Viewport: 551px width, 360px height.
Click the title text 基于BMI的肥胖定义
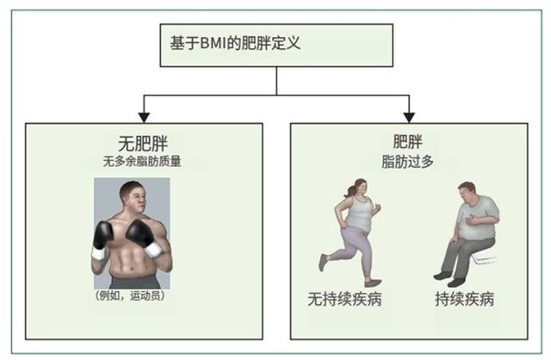(235, 43)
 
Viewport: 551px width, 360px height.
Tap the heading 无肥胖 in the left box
(143, 143)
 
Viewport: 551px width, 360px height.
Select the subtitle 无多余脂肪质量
(142, 161)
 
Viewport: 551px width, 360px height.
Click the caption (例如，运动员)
(130, 295)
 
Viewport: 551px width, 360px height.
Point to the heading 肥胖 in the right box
(407, 142)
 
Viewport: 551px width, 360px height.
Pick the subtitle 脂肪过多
(407, 162)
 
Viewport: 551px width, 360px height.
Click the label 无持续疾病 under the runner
(344, 299)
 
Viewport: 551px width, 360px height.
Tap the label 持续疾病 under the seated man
(464, 299)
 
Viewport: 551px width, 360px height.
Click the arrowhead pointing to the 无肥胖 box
(144, 117)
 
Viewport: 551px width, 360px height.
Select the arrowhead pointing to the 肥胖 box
(409, 117)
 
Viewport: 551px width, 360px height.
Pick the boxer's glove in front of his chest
(142, 235)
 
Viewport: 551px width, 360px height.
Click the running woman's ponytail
(352, 189)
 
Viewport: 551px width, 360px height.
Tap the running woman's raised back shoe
(323, 263)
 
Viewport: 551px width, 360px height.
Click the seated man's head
(467, 194)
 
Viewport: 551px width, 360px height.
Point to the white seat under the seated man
(484, 256)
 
